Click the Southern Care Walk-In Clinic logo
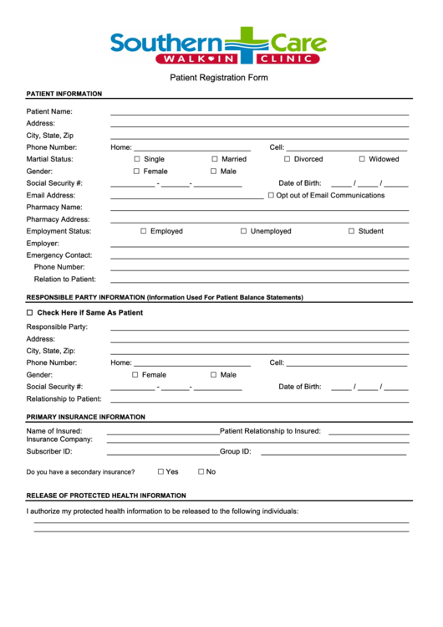click(218, 46)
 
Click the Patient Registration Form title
click(219, 78)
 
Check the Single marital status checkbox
click(138, 159)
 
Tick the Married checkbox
click(215, 159)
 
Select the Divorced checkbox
click(287, 159)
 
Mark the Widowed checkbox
click(362, 159)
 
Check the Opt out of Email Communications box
click(271, 195)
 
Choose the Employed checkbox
click(144, 231)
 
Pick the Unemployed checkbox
click(244, 231)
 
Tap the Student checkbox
click(352, 231)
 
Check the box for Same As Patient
click(30, 312)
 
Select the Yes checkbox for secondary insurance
click(160, 471)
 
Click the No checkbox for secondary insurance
click(201, 471)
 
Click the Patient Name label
click(49, 111)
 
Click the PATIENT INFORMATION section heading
click(64, 94)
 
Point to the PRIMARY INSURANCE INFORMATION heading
click(85, 417)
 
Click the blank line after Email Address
click(186, 197)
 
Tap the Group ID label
click(236, 451)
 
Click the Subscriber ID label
click(49, 451)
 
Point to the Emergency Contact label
click(59, 255)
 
